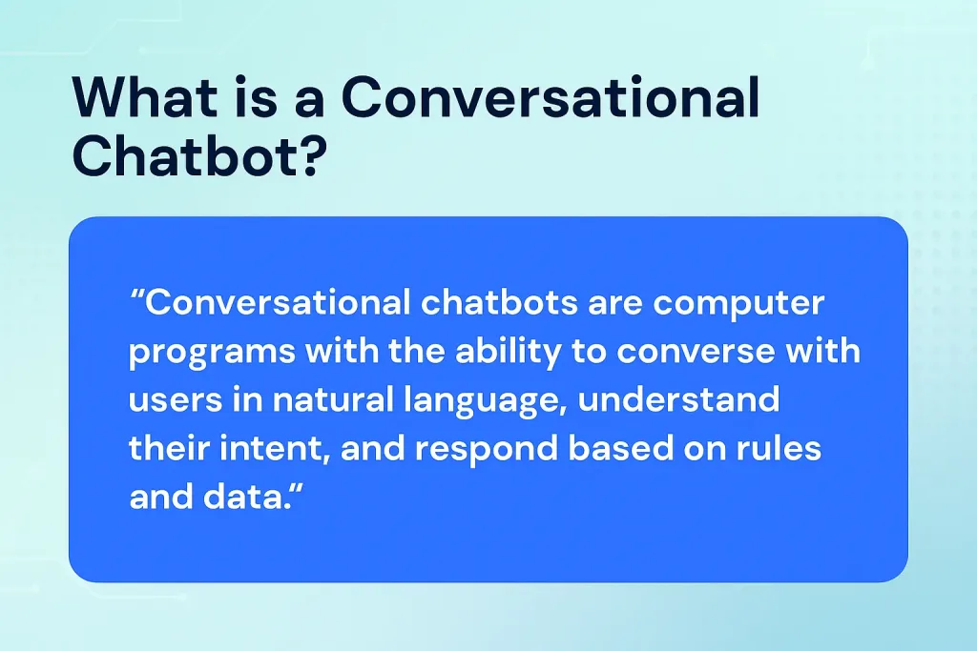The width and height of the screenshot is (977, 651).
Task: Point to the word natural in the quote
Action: tap(321, 399)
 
